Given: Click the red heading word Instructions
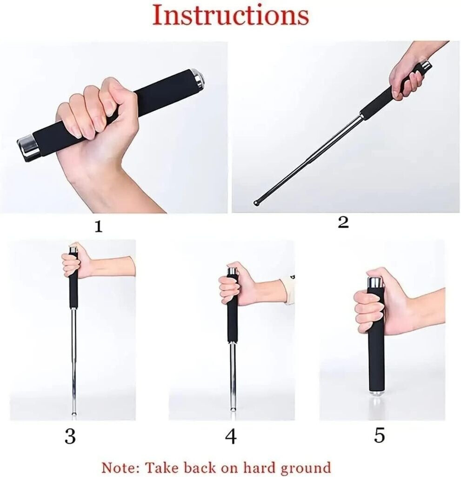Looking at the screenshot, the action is click(230, 15).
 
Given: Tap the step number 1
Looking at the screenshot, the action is click(98, 227).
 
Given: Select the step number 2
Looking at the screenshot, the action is click(343, 223).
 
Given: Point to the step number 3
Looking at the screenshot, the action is click(70, 436).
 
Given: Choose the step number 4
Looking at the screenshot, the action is click(231, 436).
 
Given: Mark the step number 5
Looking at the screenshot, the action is click(379, 436).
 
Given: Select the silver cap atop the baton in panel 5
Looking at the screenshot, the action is click(375, 283).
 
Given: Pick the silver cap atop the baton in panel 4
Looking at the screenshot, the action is click(233, 271).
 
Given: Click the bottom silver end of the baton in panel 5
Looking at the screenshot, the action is click(376, 393).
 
